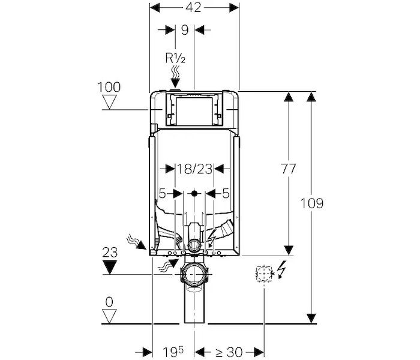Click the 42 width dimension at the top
(x=193, y=7)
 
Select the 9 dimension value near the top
(x=185, y=30)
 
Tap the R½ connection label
(x=175, y=58)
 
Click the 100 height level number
(x=109, y=87)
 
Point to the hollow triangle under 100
(x=110, y=102)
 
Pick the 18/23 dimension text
(x=194, y=169)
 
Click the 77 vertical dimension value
(x=288, y=169)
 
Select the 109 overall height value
(x=312, y=203)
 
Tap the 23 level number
(x=110, y=253)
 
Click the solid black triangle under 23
(x=110, y=268)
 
